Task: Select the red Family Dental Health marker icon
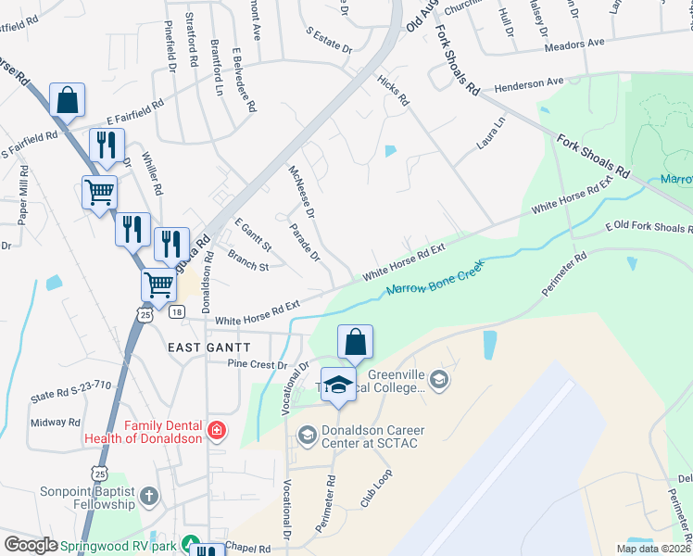(x=216, y=430)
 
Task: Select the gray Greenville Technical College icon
(x=439, y=378)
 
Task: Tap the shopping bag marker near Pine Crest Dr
(x=356, y=342)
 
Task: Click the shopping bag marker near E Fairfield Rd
(x=68, y=100)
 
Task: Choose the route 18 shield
(x=175, y=313)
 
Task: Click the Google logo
(x=31, y=544)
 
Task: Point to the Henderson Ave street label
(x=529, y=83)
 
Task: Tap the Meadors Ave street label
(x=574, y=42)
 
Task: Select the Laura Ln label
(x=491, y=133)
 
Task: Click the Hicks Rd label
(x=393, y=93)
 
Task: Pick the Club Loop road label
(x=376, y=487)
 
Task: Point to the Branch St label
(x=247, y=265)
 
